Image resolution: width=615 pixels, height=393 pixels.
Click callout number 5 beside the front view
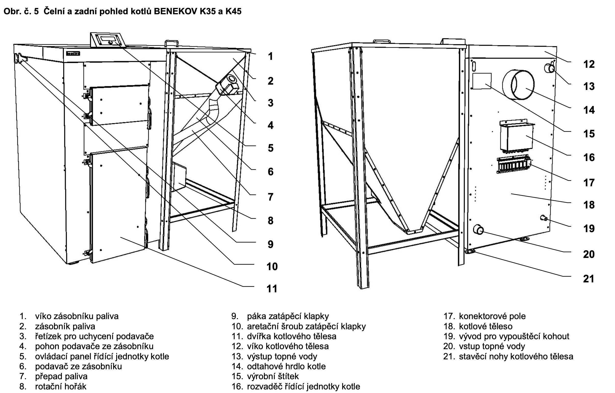click(x=271, y=148)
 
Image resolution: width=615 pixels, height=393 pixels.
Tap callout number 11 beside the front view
click(x=272, y=289)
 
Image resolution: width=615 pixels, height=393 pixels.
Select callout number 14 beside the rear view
click(x=589, y=110)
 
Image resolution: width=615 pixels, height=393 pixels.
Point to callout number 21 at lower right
click(x=589, y=279)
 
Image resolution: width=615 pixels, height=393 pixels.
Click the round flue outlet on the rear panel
click(x=518, y=85)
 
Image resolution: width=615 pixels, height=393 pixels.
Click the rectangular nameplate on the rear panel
click(x=482, y=81)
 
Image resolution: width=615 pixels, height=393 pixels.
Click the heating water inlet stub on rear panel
click(x=478, y=230)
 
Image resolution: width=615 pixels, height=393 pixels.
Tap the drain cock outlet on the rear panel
click(x=543, y=218)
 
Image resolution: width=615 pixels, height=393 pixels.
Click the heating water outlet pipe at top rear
click(x=549, y=68)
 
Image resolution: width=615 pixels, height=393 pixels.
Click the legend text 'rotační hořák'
click(x=61, y=386)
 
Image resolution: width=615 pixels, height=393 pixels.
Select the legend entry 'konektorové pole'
click(x=492, y=316)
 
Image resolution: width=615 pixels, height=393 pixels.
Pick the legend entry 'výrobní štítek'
click(x=273, y=376)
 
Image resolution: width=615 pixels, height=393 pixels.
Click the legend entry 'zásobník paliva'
click(x=65, y=326)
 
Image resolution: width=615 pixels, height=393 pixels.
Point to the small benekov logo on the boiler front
click(x=73, y=54)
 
